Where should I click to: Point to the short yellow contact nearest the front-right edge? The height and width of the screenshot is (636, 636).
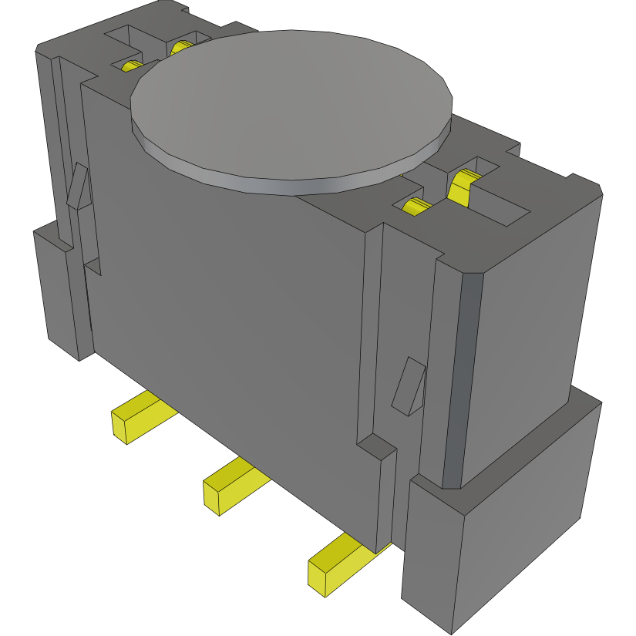(x=416, y=206)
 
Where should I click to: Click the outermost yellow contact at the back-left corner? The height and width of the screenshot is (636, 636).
(x=130, y=66)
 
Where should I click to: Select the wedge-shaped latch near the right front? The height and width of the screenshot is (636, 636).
(x=409, y=385)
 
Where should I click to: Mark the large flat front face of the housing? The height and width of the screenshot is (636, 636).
(x=231, y=308)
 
